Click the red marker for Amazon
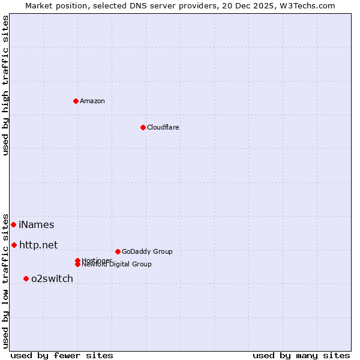point(76,101)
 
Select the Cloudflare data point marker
point(143,127)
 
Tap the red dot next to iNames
point(13,224)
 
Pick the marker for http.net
point(14,245)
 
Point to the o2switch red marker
point(26,278)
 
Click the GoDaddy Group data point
point(118,251)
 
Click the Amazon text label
point(92,101)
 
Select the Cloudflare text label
point(163,127)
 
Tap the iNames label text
point(36,225)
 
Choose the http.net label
point(38,245)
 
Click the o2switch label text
point(52,278)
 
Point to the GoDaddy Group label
point(147,251)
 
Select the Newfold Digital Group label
point(117,265)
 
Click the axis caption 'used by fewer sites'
point(62,356)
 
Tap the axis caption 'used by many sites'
point(301,356)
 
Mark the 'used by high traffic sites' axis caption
point(5,85)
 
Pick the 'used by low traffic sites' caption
point(5,280)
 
